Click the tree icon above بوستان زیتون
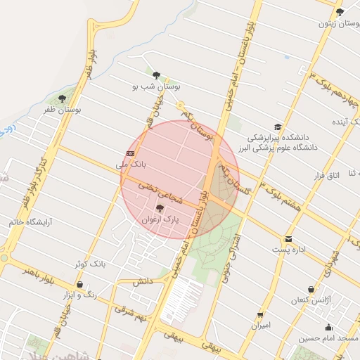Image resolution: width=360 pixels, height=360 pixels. [340, 12]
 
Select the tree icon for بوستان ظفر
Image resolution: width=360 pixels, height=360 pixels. [62, 99]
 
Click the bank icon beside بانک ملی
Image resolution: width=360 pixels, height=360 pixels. [131, 153]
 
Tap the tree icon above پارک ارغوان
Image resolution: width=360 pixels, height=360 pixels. [160, 208]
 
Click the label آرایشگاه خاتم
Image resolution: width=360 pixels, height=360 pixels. [31, 222]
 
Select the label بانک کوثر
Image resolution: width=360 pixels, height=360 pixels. [89, 264]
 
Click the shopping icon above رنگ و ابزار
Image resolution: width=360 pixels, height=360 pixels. [79, 285]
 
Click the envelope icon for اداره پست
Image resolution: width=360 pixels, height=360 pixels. [288, 239]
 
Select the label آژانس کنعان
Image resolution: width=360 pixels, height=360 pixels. [311, 300]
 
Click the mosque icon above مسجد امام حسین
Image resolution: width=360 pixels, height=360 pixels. [328, 327]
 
